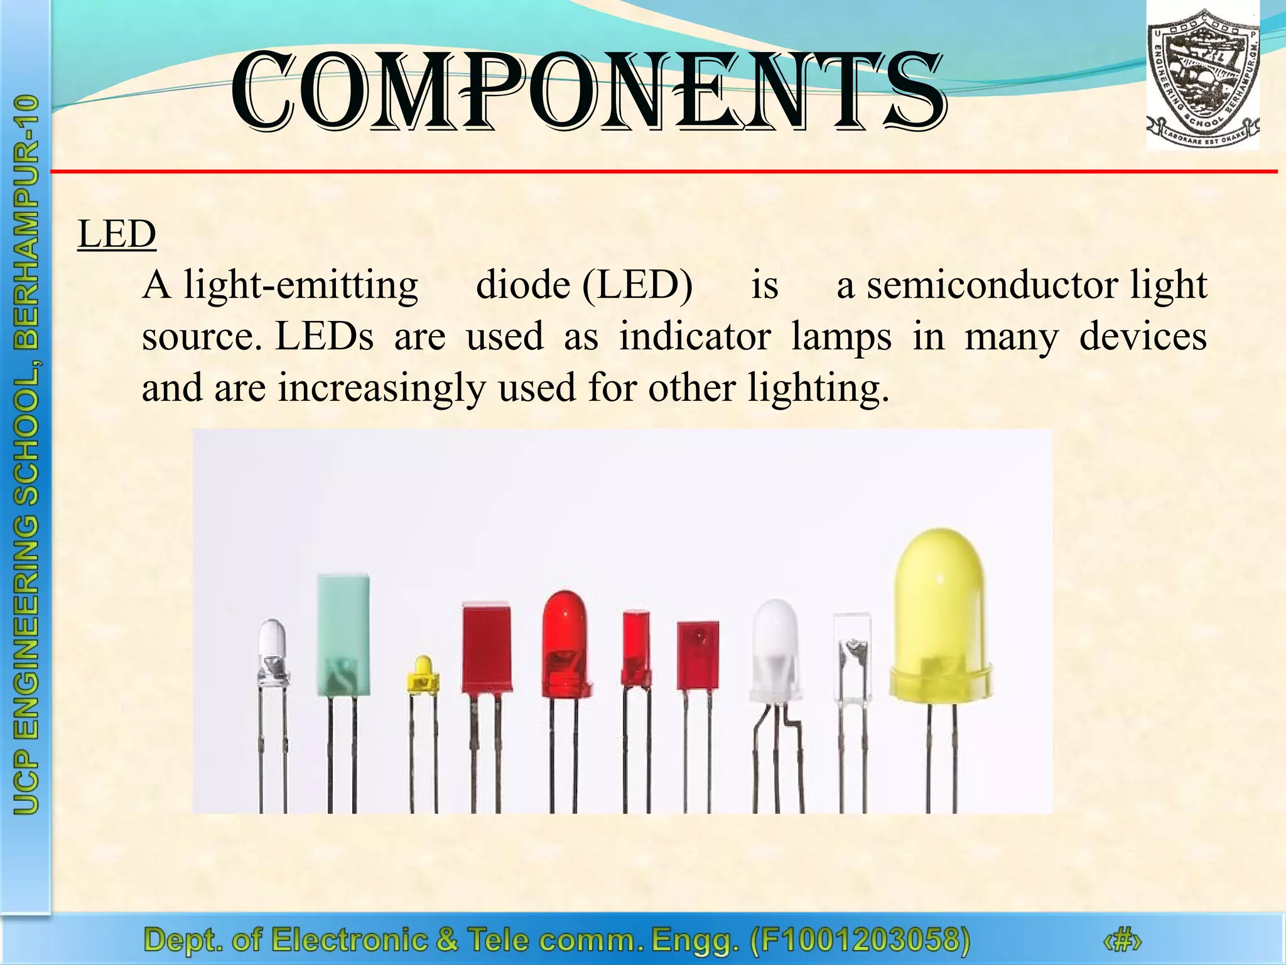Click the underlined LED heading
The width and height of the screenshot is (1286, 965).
(117, 234)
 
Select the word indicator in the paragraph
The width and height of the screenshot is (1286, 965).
(694, 337)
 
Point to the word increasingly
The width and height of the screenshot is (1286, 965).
(382, 388)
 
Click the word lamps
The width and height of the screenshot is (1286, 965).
(841, 337)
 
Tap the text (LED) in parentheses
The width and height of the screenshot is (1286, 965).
(637, 286)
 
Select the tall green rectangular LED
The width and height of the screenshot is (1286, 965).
(343, 635)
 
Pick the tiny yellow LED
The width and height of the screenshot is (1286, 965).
(423, 674)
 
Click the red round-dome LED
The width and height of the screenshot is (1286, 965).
(566, 644)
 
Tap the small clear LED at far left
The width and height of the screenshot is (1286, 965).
(273, 653)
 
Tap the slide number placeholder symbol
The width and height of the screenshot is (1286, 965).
(1121, 941)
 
